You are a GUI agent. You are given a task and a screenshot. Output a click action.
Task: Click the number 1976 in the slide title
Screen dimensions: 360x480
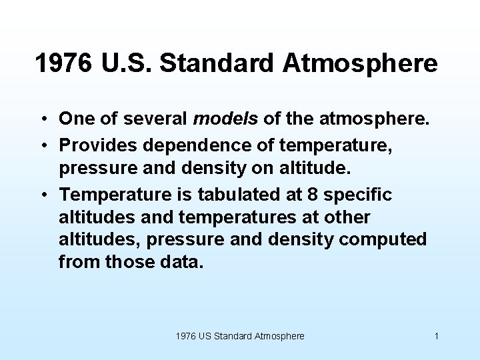tap(65, 64)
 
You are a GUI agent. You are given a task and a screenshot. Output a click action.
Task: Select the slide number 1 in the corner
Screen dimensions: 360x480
tap(436, 336)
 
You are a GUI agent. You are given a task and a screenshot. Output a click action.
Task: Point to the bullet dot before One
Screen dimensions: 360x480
tap(41, 120)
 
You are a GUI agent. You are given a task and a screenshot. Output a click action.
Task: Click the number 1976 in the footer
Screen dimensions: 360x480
tap(186, 336)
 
